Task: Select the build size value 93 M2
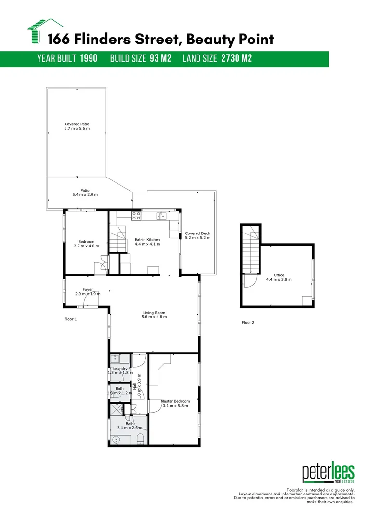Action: pos(160,59)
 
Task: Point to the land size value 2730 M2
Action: pos(237,59)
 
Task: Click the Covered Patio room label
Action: pos(77,124)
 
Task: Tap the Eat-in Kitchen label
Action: pos(147,239)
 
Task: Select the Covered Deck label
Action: pos(197,233)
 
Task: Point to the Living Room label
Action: pos(154,313)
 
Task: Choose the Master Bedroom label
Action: pos(175,401)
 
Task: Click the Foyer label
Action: pos(87,290)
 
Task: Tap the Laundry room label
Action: pos(120,369)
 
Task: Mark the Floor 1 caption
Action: pos(70,319)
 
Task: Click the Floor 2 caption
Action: pos(248,323)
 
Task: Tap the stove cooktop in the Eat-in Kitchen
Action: pos(136,216)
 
